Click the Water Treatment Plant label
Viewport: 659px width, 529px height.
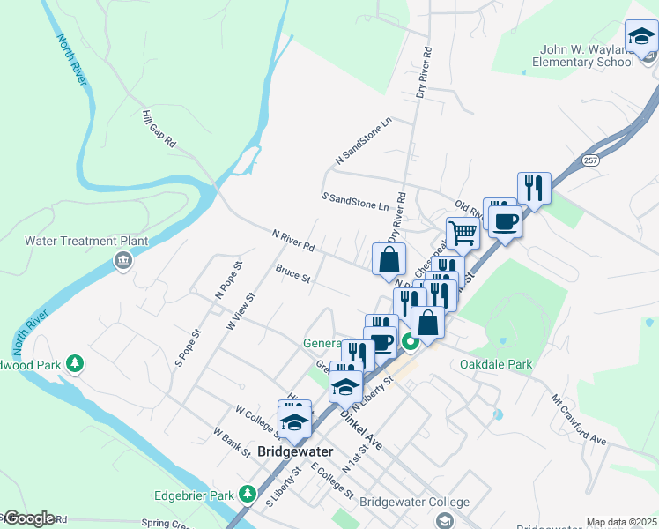85,241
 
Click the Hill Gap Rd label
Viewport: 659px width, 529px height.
159,129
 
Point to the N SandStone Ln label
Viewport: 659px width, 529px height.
362,140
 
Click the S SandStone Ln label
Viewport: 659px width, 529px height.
355,201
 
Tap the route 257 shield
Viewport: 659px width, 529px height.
591,160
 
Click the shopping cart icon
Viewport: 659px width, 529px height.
462,234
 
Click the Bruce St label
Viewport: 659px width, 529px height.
292,274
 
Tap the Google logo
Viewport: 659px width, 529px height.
28,518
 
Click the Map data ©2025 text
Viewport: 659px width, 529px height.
621,522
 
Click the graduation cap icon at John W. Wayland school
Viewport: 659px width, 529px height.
641,37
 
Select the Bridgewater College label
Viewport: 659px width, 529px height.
414,502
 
